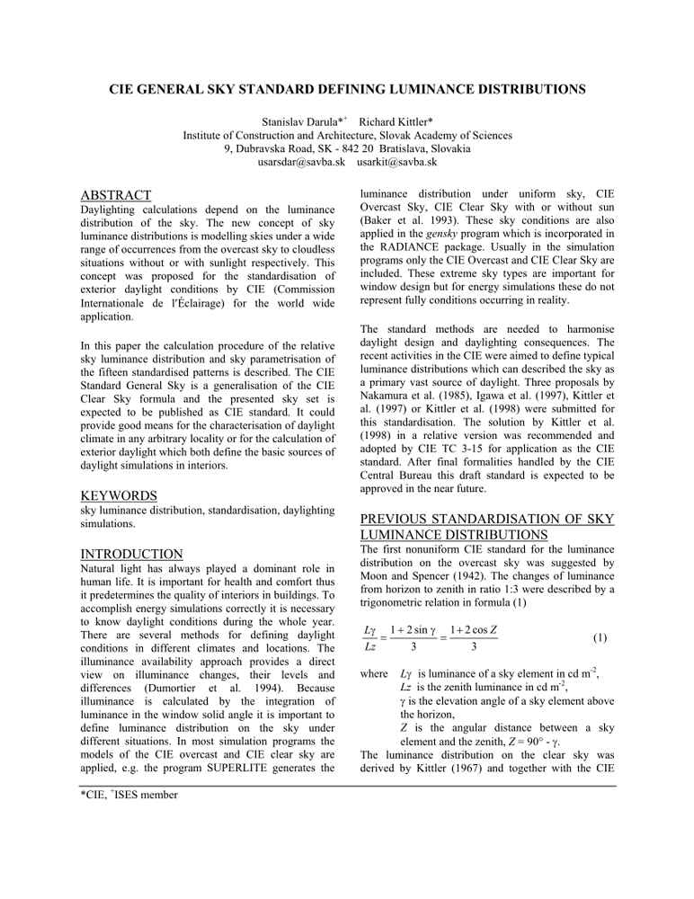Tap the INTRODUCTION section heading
(131, 554)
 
